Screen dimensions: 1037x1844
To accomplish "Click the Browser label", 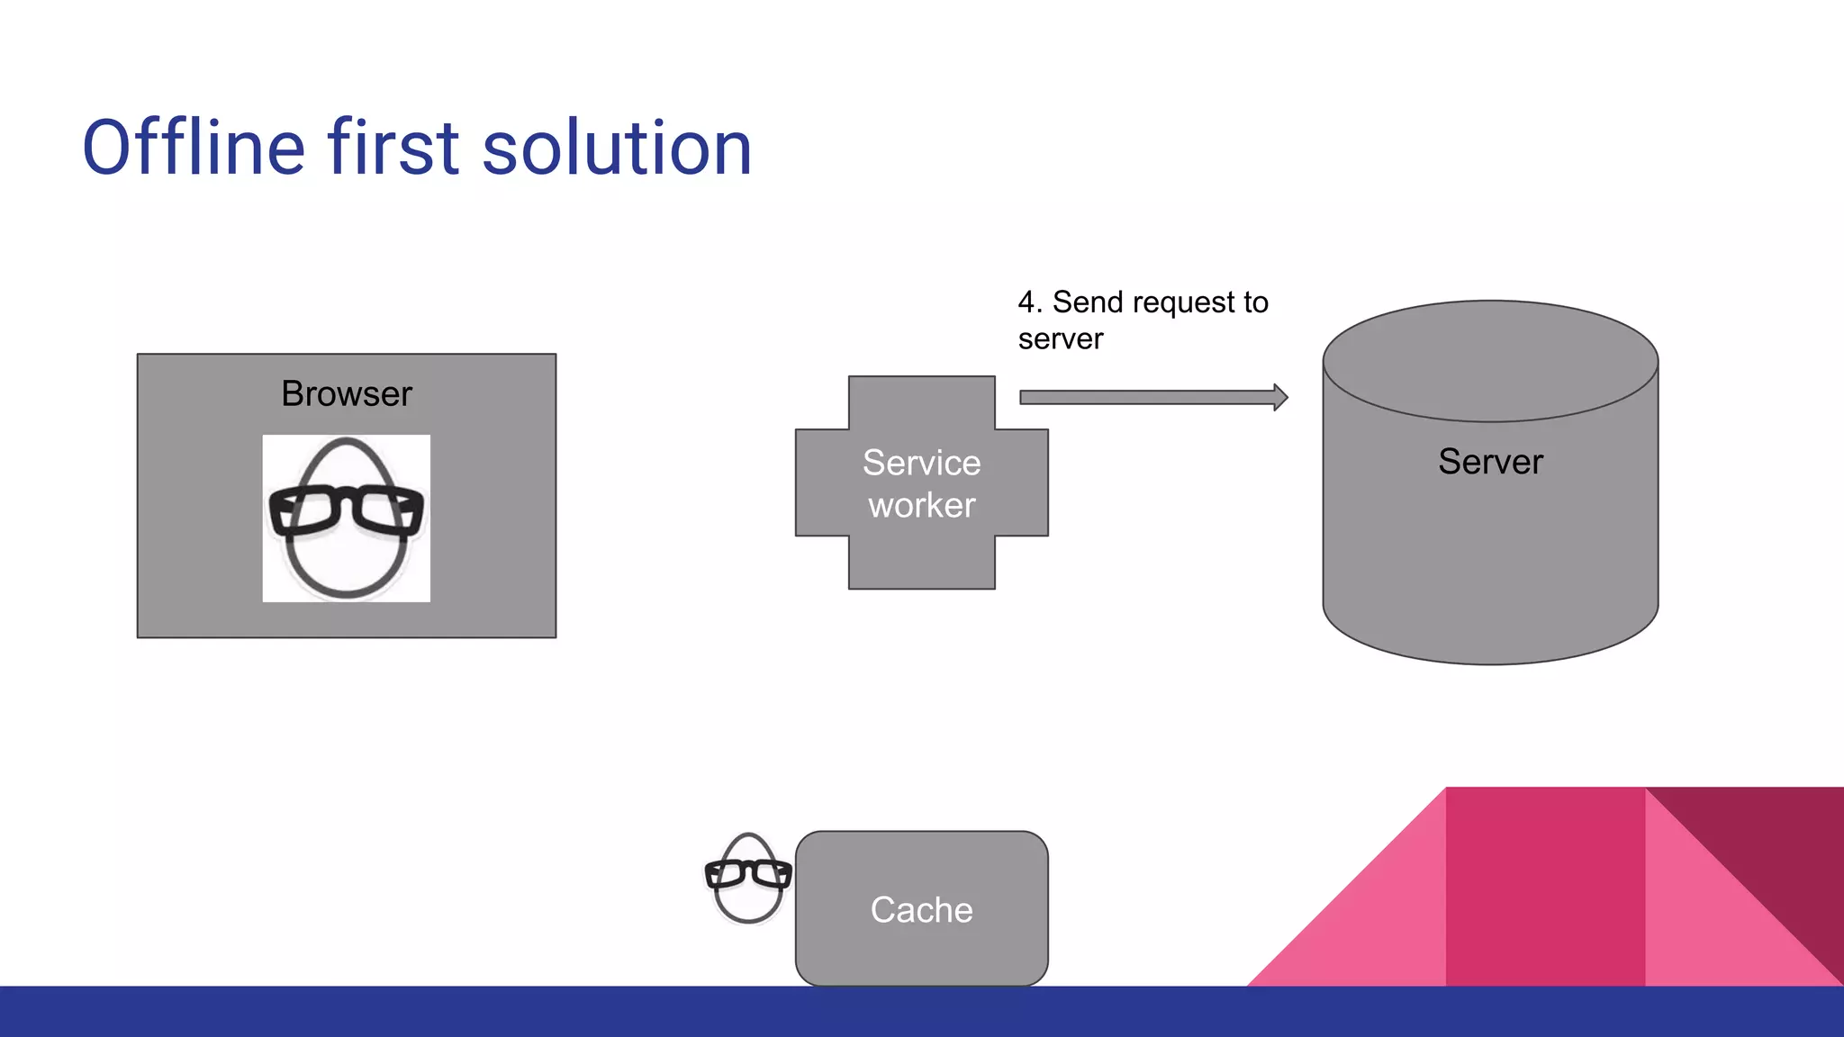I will (347, 393).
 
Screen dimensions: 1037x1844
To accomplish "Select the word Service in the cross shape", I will (921, 463).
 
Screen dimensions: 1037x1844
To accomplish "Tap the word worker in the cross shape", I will (921, 506).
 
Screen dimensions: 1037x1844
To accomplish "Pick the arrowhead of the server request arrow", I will (1280, 397).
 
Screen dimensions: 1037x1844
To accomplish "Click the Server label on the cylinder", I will (1490, 462).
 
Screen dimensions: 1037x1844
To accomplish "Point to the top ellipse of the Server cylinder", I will (1490, 360).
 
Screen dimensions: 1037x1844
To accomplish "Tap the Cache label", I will (921, 910).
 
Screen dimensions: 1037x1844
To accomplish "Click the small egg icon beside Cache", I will (747, 879).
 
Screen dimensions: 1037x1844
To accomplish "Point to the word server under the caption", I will (1061, 339).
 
